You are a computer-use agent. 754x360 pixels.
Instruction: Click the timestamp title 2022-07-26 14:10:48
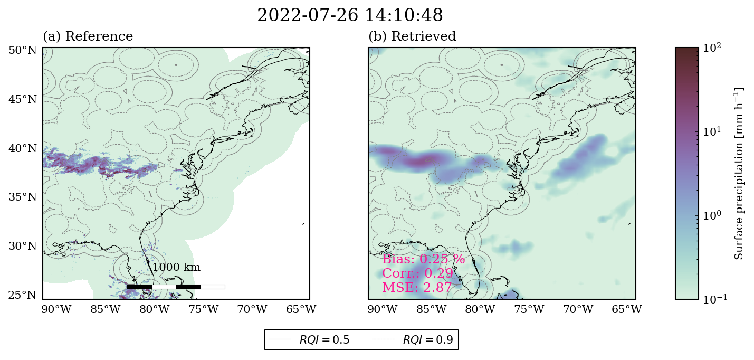350,15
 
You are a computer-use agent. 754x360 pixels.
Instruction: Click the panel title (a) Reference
88,36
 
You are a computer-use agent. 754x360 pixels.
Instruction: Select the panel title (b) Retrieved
412,36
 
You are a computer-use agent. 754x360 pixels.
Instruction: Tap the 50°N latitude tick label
23,51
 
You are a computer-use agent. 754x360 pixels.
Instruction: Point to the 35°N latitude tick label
23,197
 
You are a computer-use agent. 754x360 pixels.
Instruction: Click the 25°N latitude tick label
23,296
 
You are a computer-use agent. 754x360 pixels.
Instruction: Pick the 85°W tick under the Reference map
106,309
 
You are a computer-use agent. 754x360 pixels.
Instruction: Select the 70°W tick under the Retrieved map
578,309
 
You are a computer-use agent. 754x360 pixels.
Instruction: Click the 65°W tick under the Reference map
301,309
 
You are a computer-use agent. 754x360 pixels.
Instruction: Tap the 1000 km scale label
176,268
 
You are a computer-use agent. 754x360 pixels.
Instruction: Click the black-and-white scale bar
176,287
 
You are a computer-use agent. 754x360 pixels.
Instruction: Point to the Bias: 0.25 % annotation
424,259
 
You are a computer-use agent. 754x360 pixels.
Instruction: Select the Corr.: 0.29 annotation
418,273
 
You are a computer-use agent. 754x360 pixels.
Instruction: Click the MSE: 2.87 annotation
417,288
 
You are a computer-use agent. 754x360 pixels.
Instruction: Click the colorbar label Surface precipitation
739,174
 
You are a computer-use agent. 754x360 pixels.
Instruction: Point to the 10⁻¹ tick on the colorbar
715,299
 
